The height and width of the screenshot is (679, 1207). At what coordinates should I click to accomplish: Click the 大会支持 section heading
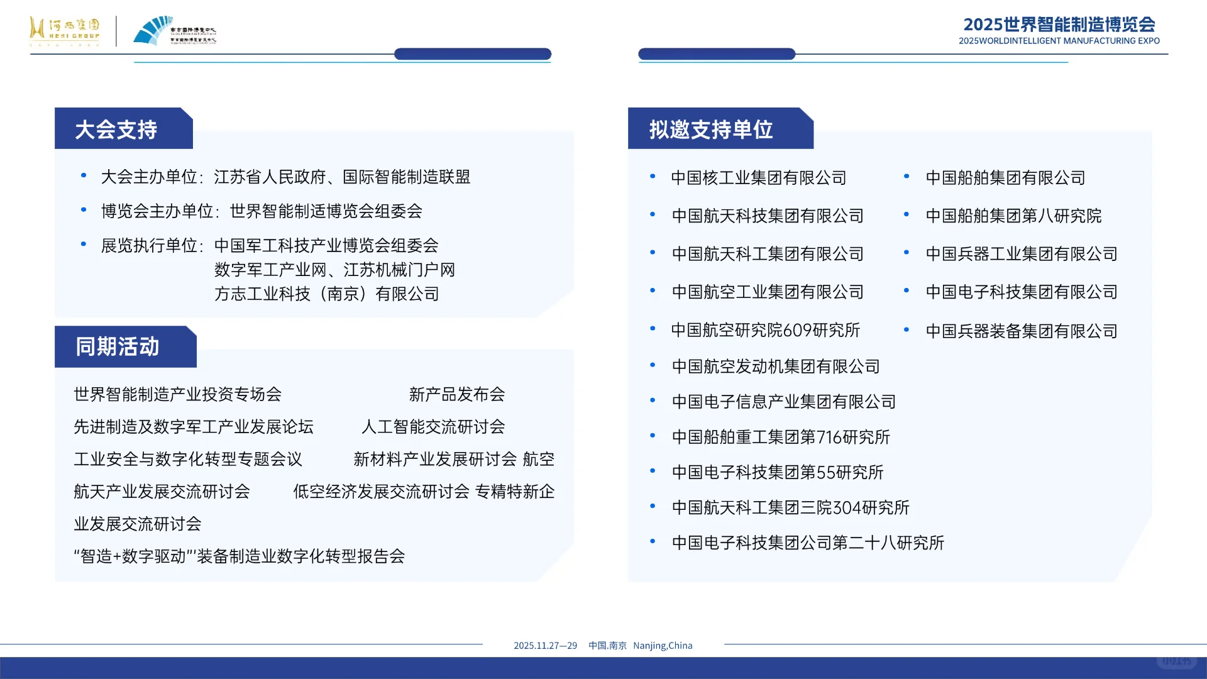click(x=116, y=130)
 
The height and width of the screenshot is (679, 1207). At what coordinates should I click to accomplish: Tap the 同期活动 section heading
click(x=118, y=346)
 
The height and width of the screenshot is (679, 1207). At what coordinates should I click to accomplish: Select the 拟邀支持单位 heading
click(x=711, y=130)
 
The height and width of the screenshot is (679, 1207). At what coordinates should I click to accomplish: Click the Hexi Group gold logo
click(x=64, y=31)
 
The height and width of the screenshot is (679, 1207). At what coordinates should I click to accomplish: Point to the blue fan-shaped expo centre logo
click(x=153, y=31)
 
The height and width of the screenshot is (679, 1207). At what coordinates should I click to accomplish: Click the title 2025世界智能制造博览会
click(x=1059, y=25)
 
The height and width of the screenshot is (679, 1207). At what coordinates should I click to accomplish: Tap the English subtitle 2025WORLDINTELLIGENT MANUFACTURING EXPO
click(x=1059, y=41)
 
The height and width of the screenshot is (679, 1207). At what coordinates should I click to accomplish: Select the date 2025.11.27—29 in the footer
click(x=545, y=646)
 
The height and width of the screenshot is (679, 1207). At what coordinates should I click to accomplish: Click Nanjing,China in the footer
click(x=663, y=646)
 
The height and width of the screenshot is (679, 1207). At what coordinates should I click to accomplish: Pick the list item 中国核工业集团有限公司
click(x=758, y=178)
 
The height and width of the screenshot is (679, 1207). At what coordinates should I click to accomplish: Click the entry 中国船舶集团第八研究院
click(x=1013, y=216)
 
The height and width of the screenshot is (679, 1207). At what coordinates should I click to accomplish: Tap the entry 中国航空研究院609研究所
click(x=765, y=330)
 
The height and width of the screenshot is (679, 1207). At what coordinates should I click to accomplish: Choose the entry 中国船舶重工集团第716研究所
click(x=781, y=437)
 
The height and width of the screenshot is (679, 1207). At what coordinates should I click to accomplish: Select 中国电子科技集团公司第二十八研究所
click(x=808, y=543)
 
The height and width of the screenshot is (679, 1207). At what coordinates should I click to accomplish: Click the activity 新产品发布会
click(x=457, y=394)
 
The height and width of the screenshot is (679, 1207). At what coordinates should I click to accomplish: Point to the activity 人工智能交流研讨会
click(x=433, y=427)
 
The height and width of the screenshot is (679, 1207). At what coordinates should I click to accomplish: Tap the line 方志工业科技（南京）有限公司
click(x=326, y=294)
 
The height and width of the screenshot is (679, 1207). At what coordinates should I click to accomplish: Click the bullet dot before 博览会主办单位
click(x=84, y=210)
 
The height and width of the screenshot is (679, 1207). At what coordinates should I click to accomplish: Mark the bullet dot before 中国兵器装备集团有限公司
click(x=907, y=330)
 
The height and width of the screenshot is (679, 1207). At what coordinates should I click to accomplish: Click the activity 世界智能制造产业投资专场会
click(x=177, y=394)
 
